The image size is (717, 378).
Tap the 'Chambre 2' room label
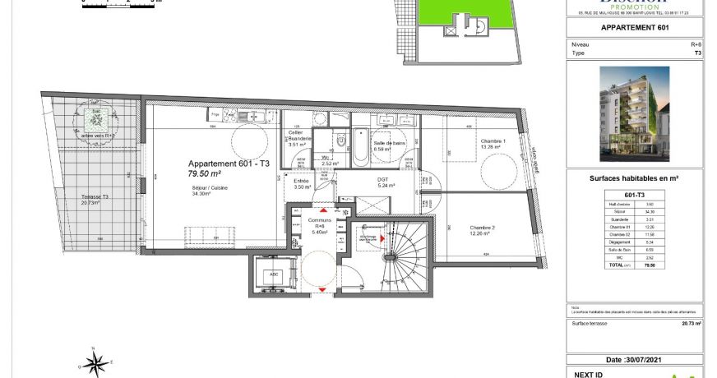483,228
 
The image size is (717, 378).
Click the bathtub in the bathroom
360,150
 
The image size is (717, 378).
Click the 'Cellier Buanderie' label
297,136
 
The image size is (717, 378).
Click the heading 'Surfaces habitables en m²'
634,177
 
